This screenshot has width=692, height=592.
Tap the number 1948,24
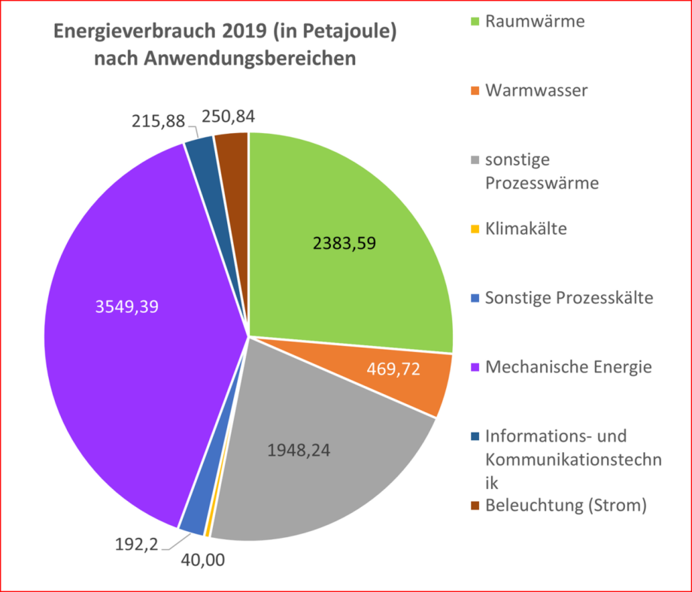pyautogui.click(x=299, y=451)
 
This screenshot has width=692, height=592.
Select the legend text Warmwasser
pyautogui.click(x=536, y=91)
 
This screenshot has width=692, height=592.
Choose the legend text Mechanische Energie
pyautogui.click(x=569, y=367)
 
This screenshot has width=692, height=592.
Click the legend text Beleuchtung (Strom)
pyautogui.click(x=566, y=505)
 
